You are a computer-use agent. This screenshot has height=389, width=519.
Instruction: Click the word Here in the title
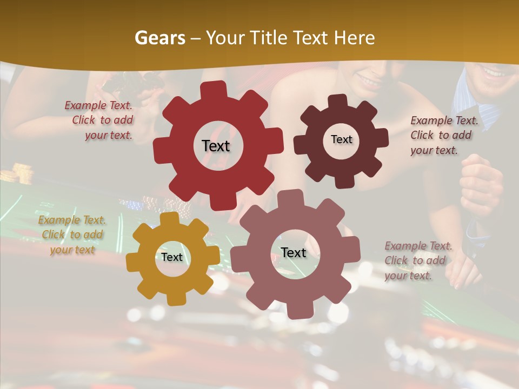(355, 38)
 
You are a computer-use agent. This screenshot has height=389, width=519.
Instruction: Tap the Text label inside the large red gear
(216, 146)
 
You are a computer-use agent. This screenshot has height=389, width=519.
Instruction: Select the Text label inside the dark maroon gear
(341, 139)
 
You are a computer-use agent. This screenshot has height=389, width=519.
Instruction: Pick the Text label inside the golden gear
(172, 257)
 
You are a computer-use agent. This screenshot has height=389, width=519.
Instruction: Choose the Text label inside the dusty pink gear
(293, 252)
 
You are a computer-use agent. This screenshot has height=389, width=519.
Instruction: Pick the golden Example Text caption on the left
(72, 234)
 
